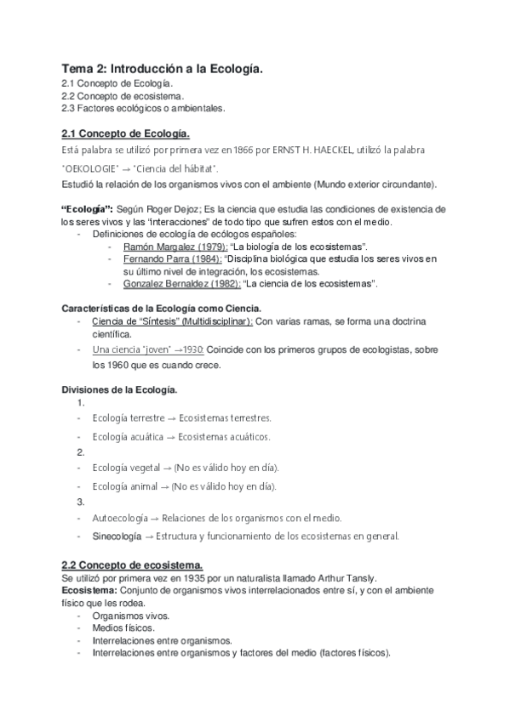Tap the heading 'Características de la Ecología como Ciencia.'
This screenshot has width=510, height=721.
(162, 307)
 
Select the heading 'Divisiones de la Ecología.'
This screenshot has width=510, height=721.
(119, 389)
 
